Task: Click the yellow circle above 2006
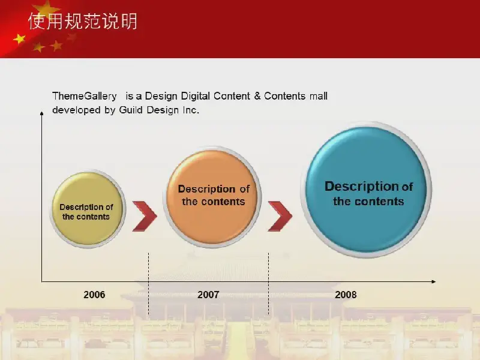(x=88, y=209)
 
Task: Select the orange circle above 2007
(x=212, y=197)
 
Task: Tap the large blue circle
(x=366, y=190)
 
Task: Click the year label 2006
(x=94, y=295)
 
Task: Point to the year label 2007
(x=208, y=295)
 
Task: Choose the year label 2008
(x=346, y=295)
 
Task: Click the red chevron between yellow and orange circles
(x=145, y=216)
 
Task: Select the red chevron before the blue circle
(x=280, y=216)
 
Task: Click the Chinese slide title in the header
(x=83, y=21)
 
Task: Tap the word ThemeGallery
(x=85, y=96)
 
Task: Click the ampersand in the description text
(x=257, y=96)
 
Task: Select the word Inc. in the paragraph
(x=191, y=110)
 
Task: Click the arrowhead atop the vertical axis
(x=41, y=113)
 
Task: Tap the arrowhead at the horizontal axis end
(x=433, y=281)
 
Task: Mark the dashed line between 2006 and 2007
(x=148, y=284)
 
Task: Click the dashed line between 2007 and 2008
(x=268, y=284)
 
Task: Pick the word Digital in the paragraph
(x=196, y=96)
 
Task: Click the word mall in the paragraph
(x=319, y=96)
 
